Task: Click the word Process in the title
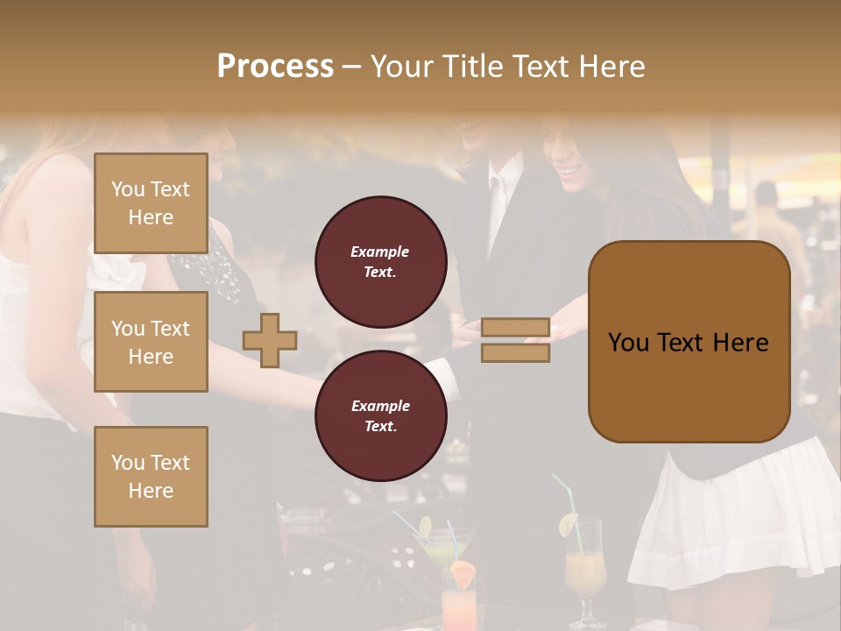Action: [x=275, y=67]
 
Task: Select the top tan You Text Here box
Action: [x=151, y=203]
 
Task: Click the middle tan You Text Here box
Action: [x=151, y=342]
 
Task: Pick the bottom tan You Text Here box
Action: [x=151, y=477]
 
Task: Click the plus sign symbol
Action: [x=270, y=340]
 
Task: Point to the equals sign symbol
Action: [x=515, y=340]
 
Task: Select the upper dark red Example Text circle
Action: [x=380, y=261]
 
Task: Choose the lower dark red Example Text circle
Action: [x=380, y=415]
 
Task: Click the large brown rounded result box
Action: [x=689, y=342]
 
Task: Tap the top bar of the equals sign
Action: [x=515, y=328]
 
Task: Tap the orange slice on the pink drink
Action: [x=463, y=575]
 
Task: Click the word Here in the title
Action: [x=609, y=67]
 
